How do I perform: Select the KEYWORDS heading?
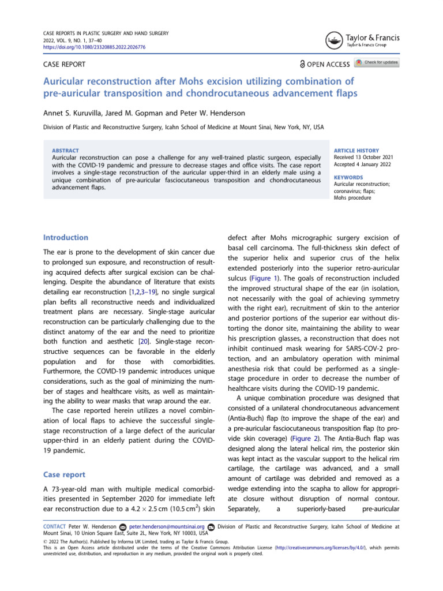tap(348, 178)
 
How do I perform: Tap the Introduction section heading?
tap(66, 237)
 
